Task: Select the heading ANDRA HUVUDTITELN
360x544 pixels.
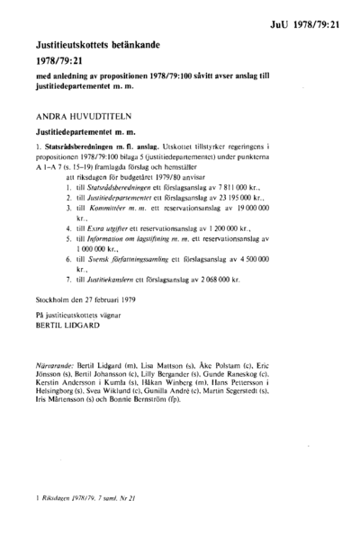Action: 74,115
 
